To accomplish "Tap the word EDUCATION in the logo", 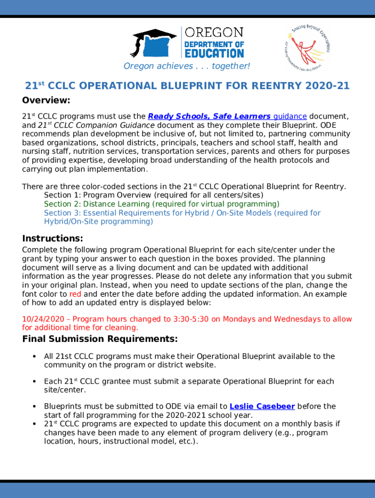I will (213, 53).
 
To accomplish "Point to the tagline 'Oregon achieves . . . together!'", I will (187, 66).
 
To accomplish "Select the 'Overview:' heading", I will (46, 101).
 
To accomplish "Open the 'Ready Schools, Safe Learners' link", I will (209, 116).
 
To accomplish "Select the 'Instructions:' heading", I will (53, 238).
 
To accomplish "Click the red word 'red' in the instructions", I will (75, 294).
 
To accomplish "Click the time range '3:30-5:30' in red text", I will (189, 319).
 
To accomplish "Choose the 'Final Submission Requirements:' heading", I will (100, 338).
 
